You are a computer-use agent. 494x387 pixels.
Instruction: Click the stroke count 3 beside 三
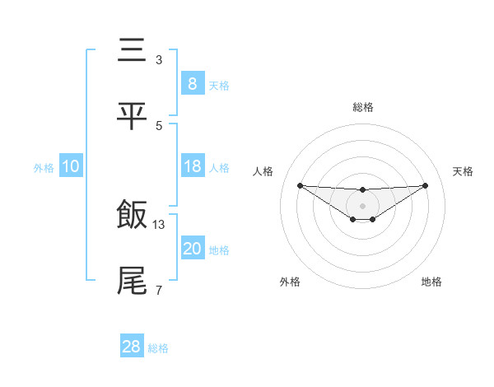(159, 60)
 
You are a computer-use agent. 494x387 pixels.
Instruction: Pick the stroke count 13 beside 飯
(159, 224)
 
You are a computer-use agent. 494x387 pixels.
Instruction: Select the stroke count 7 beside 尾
(159, 290)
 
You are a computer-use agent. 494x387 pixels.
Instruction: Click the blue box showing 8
(192, 83)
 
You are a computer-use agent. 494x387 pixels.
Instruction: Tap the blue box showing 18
(192, 166)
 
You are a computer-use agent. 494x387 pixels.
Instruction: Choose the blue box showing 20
(192, 249)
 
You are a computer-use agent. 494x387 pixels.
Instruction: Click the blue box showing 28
(132, 347)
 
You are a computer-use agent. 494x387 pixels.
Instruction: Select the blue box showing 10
(71, 166)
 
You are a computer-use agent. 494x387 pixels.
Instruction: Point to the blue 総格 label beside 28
(158, 348)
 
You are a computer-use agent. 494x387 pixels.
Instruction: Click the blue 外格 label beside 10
(44, 168)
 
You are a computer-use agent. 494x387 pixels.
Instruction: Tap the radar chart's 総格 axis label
(362, 107)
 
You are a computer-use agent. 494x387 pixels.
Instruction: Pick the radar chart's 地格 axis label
(431, 282)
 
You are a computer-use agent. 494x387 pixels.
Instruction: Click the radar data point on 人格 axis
(301, 185)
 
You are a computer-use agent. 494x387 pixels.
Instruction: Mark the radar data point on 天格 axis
(425, 185)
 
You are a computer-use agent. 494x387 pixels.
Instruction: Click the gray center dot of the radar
(362, 205)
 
